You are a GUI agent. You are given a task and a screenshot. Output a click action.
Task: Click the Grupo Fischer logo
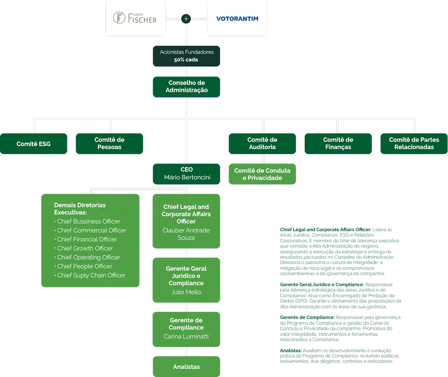click(x=135, y=18)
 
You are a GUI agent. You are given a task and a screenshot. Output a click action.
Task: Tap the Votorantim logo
click(x=237, y=19)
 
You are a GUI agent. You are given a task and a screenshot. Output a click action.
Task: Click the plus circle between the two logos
click(x=186, y=19)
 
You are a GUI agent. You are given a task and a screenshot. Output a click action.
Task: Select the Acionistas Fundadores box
click(x=186, y=56)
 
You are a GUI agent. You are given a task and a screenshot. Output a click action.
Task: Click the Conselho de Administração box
click(x=186, y=87)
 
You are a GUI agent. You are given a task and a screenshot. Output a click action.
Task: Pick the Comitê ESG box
click(x=33, y=144)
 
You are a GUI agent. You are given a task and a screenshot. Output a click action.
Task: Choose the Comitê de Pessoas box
click(x=110, y=144)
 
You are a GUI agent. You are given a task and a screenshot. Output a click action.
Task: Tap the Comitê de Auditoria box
click(x=262, y=144)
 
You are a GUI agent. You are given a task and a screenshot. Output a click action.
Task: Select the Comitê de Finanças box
click(x=338, y=144)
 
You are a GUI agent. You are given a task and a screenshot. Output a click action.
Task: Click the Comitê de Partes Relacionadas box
click(x=414, y=144)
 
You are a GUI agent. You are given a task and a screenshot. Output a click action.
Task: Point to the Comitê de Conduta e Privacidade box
click(x=262, y=174)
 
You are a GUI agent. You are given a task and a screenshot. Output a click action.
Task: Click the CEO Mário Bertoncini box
click(x=186, y=174)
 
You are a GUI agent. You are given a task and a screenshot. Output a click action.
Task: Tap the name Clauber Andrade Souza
click(x=186, y=234)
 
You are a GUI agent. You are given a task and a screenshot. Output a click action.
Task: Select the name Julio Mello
click(x=186, y=292)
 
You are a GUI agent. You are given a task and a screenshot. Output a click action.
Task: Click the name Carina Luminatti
click(x=186, y=337)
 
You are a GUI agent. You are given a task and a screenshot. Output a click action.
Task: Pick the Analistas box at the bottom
click(x=186, y=366)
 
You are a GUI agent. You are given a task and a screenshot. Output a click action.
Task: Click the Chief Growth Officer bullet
click(x=83, y=248)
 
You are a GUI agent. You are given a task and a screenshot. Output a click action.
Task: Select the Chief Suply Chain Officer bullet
click(x=90, y=276)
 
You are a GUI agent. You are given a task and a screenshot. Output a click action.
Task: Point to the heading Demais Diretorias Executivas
click(x=80, y=209)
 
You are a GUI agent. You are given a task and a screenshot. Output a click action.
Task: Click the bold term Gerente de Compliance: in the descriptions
click(x=307, y=317)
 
